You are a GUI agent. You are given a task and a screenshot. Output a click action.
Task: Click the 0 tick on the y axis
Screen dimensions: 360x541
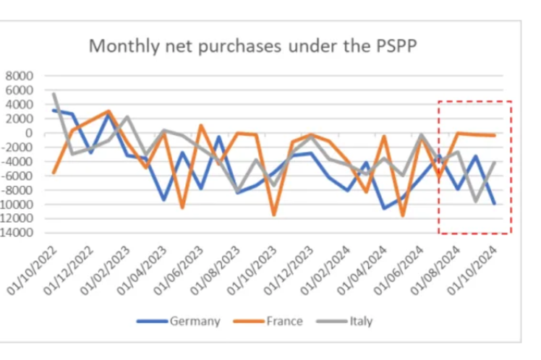30,133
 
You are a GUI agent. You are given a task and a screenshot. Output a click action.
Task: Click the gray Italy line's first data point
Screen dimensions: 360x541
54,94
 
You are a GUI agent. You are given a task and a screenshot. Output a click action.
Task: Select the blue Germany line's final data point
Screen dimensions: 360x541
495,204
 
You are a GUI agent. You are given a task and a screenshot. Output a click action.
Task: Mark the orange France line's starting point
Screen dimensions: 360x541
54,173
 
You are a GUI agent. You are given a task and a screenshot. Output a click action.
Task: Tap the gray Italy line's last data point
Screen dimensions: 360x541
495,162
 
